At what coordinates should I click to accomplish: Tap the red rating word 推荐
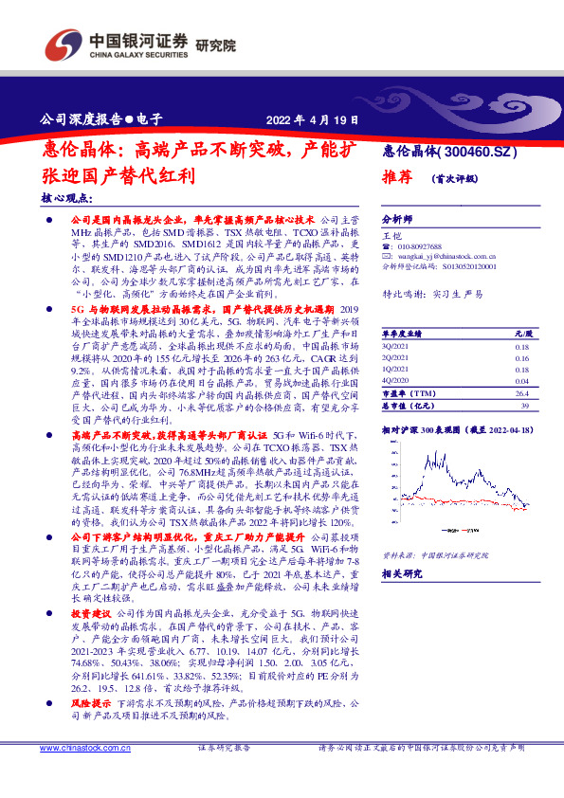(x=396, y=177)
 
